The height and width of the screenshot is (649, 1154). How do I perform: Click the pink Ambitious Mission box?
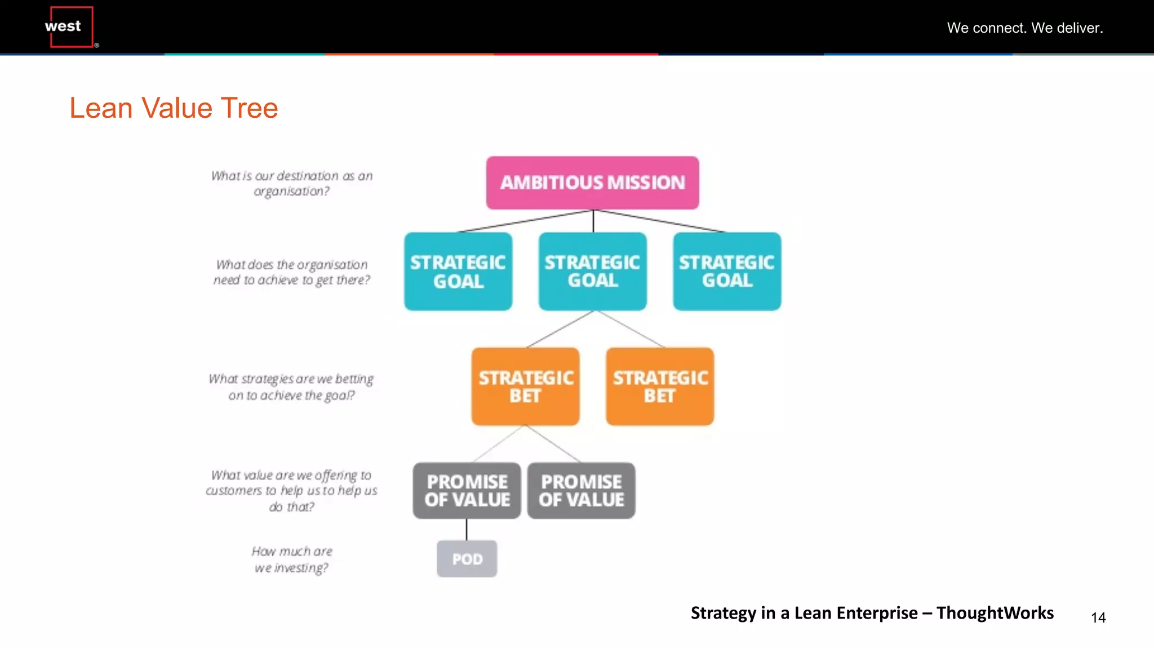[592, 183]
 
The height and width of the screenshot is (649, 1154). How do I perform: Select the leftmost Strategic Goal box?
[458, 271]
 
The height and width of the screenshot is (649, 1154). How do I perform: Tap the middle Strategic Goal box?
[592, 271]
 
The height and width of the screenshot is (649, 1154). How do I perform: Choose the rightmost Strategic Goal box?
[727, 271]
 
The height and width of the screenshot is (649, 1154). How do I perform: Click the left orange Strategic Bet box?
[525, 386]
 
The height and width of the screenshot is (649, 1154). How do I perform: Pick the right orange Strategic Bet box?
[660, 386]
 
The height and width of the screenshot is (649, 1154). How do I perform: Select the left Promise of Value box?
[467, 491]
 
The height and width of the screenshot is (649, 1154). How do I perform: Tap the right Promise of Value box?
[581, 491]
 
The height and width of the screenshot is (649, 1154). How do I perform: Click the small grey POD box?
[467, 559]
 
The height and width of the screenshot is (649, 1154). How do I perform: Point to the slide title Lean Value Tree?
[174, 108]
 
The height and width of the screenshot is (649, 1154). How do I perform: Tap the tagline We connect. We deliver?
[1024, 28]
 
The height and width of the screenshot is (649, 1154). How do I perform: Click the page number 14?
[1098, 617]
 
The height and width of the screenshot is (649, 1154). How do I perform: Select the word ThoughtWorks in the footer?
[995, 612]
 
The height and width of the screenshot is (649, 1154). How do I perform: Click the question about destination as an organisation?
[291, 183]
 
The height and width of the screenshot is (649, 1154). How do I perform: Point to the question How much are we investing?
[291, 559]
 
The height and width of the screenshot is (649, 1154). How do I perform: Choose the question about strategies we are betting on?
[291, 386]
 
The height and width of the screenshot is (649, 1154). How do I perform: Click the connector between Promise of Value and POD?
[467, 530]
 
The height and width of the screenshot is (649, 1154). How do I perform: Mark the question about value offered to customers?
[291, 491]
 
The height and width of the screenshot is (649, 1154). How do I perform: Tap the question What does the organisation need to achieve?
[291, 272]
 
